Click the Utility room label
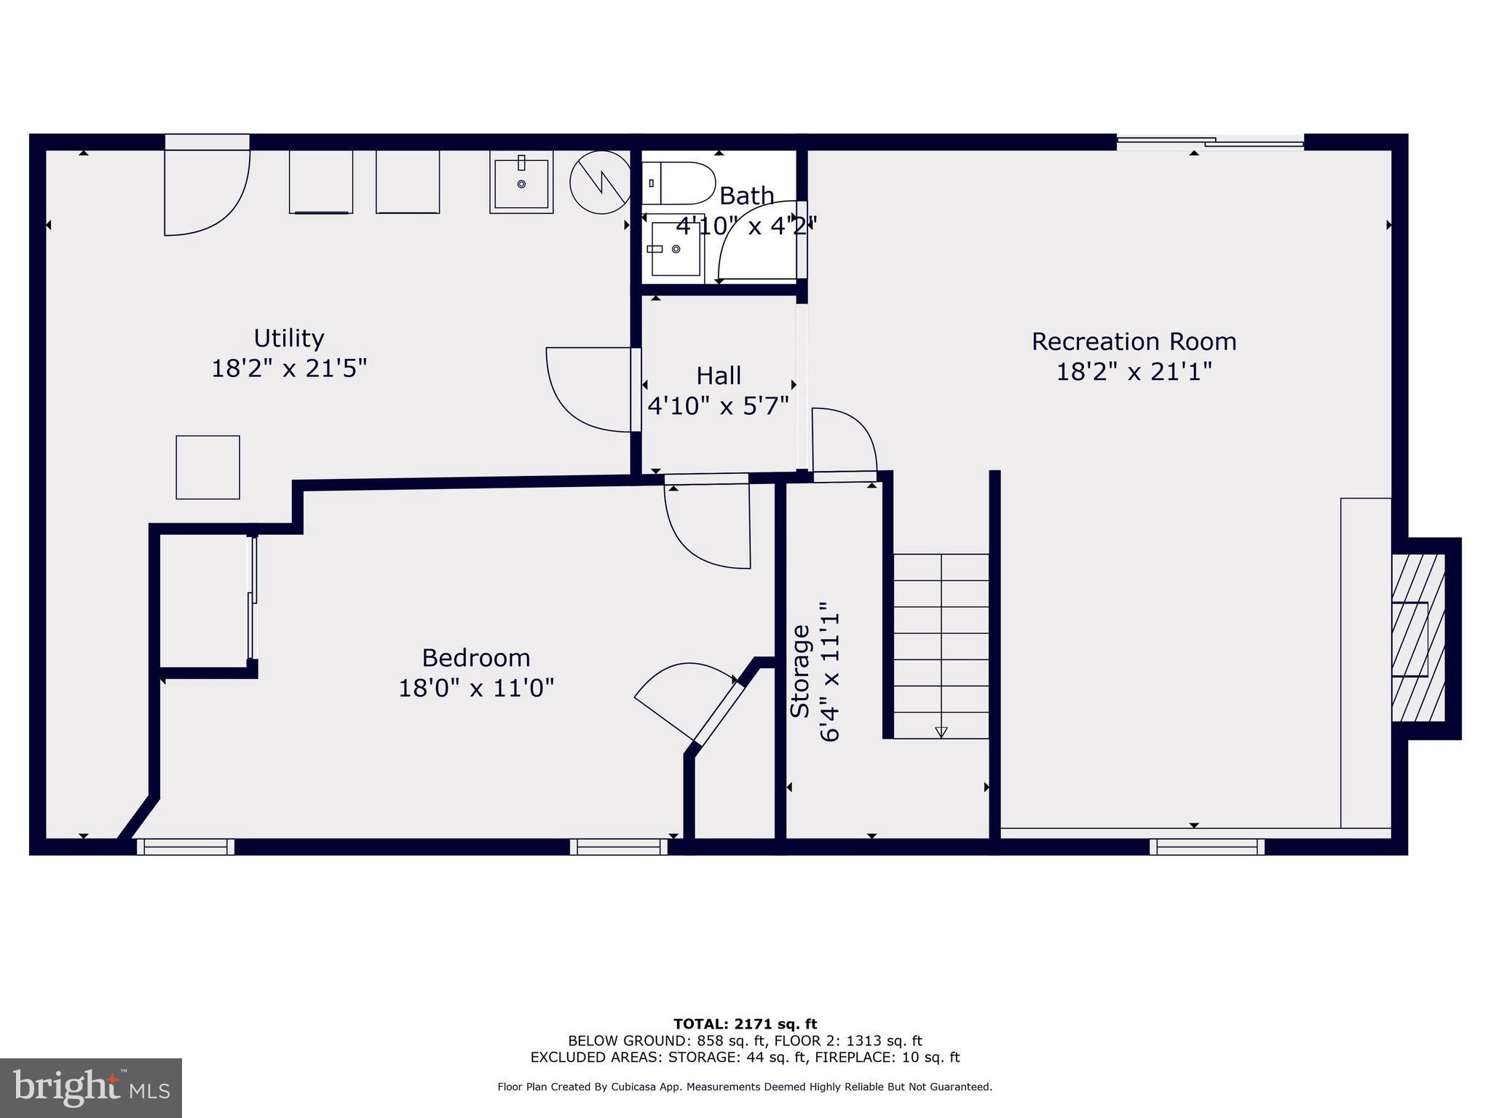[289, 338]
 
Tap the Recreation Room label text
[1134, 341]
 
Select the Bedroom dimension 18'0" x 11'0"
[476, 688]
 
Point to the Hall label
[719, 376]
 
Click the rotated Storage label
[800, 671]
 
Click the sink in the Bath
[675, 249]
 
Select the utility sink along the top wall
[521, 181]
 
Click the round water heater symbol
[600, 182]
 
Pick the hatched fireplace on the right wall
[1418, 638]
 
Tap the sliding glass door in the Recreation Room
[1210, 143]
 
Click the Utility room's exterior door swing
[207, 186]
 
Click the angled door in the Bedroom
[689, 703]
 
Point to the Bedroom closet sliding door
[252, 597]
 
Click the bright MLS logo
[91, 1087]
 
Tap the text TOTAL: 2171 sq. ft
[745, 1025]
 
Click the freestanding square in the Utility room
[207, 467]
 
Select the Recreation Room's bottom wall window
[1207, 847]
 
